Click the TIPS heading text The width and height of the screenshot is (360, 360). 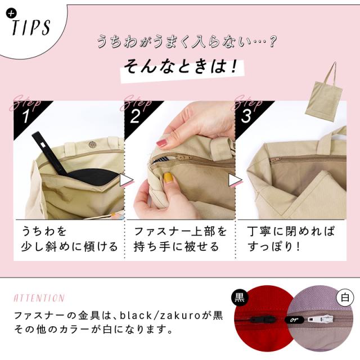point(31,27)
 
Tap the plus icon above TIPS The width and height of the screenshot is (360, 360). point(10,14)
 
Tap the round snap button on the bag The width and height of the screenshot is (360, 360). point(92,145)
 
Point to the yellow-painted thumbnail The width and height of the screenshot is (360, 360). point(168,177)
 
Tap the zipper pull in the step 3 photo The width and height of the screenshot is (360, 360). point(275,159)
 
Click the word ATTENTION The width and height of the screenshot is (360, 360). point(39,298)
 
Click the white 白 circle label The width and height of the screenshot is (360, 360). point(345,298)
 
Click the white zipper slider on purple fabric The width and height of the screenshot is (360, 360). point(321,319)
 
